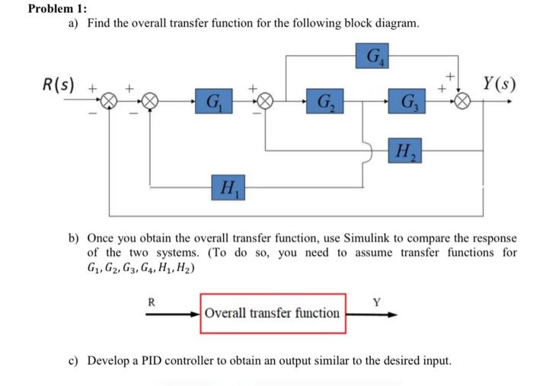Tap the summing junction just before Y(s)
463,100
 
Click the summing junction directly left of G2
266,100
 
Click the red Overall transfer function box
273,313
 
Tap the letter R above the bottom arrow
151,301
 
